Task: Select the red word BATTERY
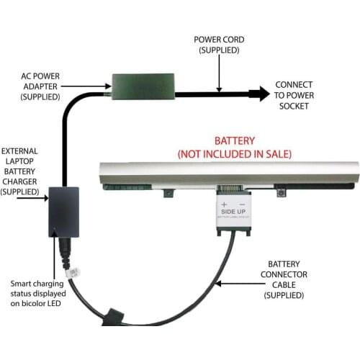click(x=235, y=140)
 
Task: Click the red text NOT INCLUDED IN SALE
click(x=235, y=153)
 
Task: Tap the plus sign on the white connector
click(x=225, y=205)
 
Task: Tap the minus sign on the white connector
click(x=243, y=205)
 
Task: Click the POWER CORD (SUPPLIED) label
click(x=220, y=45)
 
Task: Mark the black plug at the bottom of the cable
click(x=116, y=316)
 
